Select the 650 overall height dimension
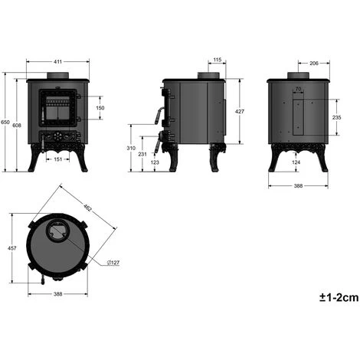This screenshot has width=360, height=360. pyautogui.click(x=6, y=123)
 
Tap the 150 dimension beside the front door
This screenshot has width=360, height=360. pyautogui.click(x=100, y=108)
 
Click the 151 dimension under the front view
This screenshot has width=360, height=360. pyautogui.click(x=59, y=159)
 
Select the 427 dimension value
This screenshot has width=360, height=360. pyautogui.click(x=239, y=111)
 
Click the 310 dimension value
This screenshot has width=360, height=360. pyautogui.click(x=132, y=148)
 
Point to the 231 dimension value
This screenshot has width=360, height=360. pyautogui.click(x=142, y=155)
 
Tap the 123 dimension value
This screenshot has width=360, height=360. pyautogui.click(x=155, y=162)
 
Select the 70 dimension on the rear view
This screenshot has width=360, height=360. pyautogui.click(x=299, y=90)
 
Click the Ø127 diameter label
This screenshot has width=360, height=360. pyautogui.click(x=113, y=263)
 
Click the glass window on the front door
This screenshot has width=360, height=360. pyautogui.click(x=58, y=112)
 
